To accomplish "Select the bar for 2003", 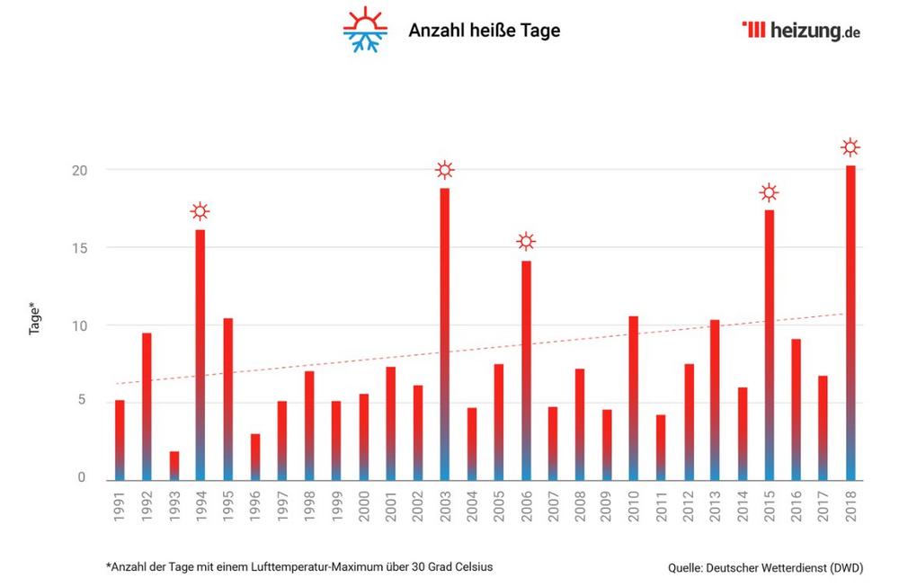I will [x=444, y=333].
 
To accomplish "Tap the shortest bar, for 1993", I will [x=174, y=465].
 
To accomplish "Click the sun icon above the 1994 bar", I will [x=200, y=212].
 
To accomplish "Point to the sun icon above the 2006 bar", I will [x=526, y=241].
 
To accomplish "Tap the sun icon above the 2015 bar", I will [x=769, y=192].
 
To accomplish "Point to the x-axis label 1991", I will [x=120, y=509].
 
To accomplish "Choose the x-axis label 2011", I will [x=661, y=509].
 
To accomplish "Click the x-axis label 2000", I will [x=363, y=509].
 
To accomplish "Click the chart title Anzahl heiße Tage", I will [x=484, y=31].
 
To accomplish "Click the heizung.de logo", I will [x=801, y=31].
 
